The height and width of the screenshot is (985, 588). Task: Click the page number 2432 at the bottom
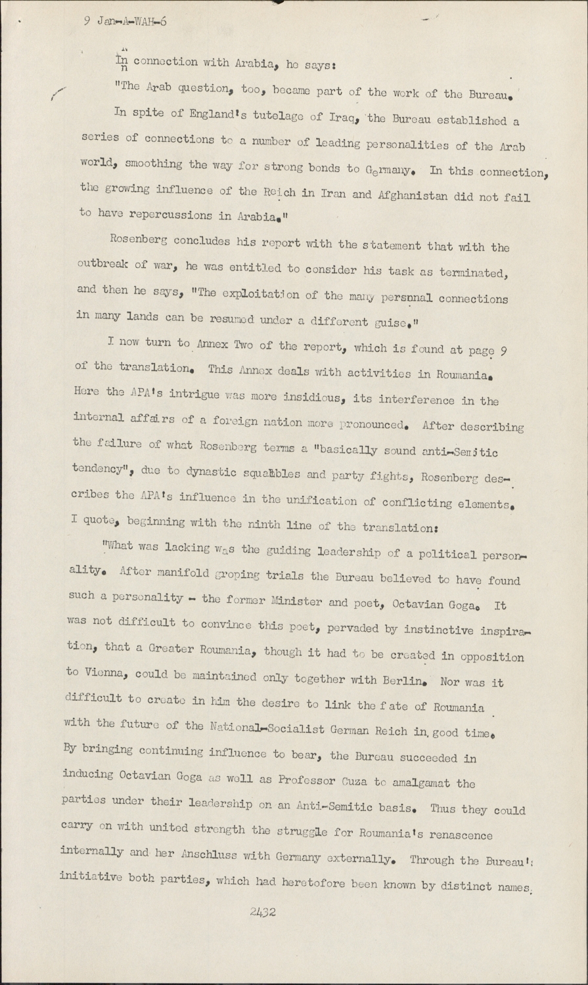point(263,912)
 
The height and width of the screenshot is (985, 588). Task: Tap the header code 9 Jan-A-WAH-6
point(125,22)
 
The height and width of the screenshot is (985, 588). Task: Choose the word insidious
point(315,398)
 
